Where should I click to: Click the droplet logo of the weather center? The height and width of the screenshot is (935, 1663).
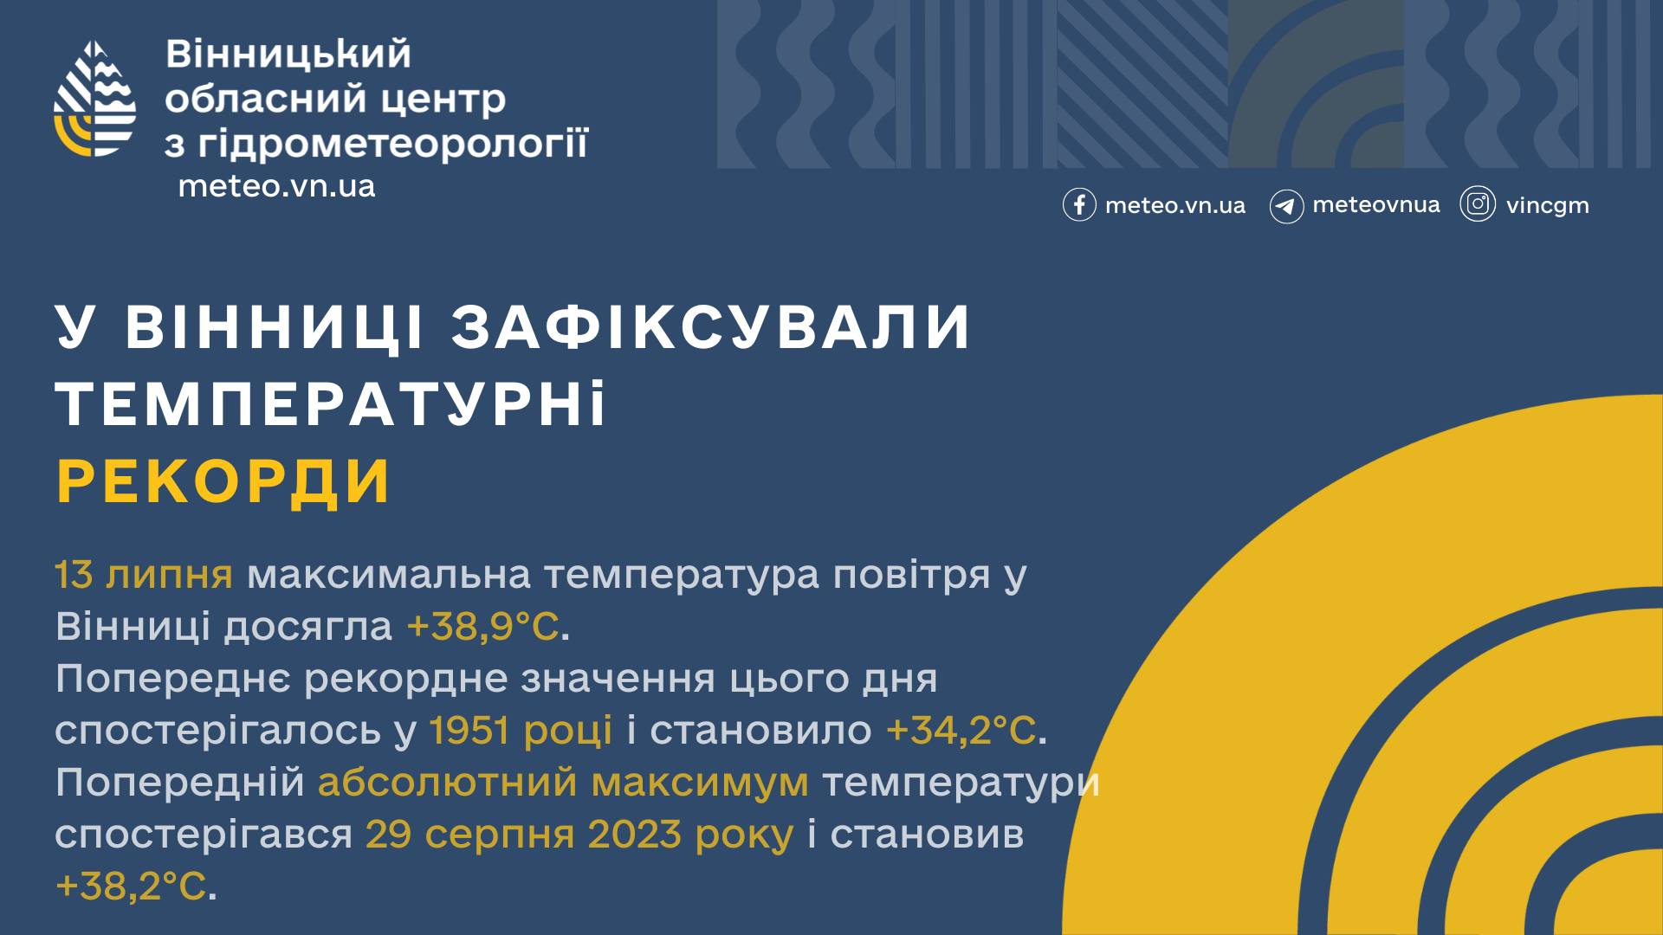[x=95, y=99]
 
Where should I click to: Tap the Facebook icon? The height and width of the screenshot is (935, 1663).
[x=1079, y=205]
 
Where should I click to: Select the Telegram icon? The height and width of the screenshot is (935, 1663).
[x=1286, y=206]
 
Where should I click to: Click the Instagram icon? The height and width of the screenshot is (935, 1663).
[x=1478, y=204]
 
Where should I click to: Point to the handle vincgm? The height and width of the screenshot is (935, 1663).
[x=1547, y=206]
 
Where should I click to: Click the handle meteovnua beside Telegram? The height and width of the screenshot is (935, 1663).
[x=1376, y=205]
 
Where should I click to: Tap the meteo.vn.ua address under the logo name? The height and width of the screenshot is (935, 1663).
[x=276, y=186]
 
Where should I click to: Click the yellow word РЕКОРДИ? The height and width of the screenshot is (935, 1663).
[x=223, y=481]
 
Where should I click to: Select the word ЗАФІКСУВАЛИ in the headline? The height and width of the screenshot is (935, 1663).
[x=711, y=327]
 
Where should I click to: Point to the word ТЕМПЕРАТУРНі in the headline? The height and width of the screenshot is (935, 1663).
[x=332, y=404]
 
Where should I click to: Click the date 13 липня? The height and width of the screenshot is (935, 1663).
[x=144, y=574]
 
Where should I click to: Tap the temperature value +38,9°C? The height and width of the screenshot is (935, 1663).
[x=482, y=626]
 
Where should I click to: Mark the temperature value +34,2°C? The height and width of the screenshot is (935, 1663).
[x=961, y=730]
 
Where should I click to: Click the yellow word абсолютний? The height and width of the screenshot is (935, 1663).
[x=447, y=783]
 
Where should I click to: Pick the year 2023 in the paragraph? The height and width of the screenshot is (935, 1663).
[x=634, y=835]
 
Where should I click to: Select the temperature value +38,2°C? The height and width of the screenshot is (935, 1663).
[x=131, y=887]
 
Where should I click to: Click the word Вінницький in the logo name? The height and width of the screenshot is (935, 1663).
[x=288, y=55]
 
